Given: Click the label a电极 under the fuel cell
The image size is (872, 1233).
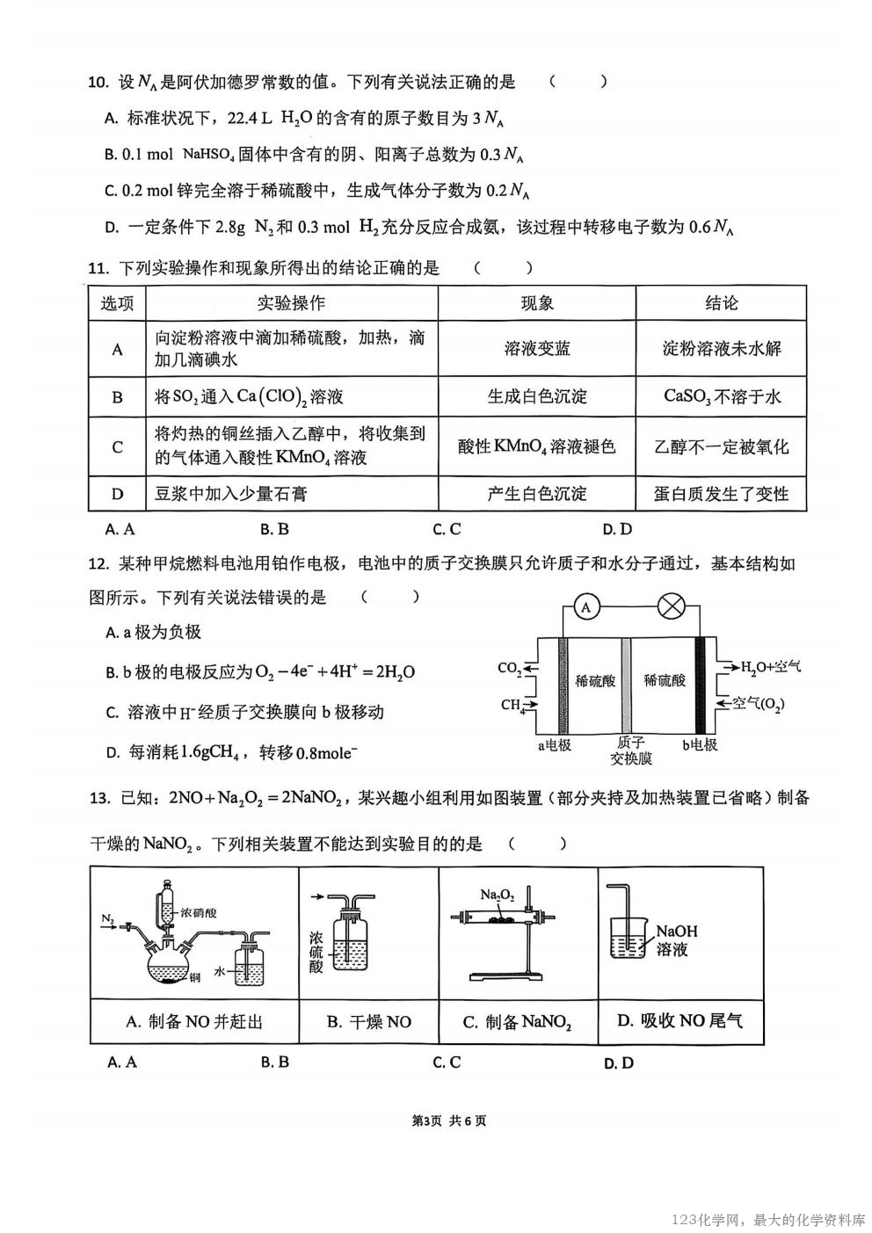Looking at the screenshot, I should (x=555, y=745).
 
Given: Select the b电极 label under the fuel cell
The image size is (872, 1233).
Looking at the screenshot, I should (x=700, y=745).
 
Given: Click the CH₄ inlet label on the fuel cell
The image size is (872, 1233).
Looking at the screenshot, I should (x=513, y=705).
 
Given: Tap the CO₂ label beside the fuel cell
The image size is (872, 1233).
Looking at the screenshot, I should (x=510, y=669).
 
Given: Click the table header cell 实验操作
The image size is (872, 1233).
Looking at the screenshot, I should (x=291, y=303).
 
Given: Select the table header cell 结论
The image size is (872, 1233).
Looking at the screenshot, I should (x=721, y=303).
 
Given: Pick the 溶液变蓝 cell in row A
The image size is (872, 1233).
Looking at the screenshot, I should (x=537, y=349).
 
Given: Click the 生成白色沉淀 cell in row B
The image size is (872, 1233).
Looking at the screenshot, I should (x=537, y=396).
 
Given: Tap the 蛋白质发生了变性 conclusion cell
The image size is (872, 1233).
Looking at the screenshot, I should (x=721, y=494).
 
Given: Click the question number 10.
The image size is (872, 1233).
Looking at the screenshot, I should (x=98, y=83).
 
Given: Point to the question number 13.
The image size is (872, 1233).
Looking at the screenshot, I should (x=99, y=798).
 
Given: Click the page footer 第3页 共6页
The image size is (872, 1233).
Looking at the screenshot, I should (x=449, y=1121).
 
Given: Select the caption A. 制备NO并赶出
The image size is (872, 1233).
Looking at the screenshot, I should (x=194, y=1021).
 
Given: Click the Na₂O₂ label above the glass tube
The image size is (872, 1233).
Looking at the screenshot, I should (x=497, y=895).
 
